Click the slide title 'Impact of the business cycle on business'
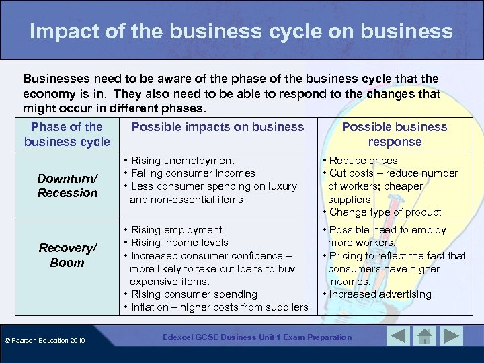click(x=241, y=31)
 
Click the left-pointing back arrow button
click(x=399, y=336)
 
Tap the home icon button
click(x=425, y=336)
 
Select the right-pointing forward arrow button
click(x=452, y=336)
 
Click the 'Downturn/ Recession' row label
click(x=67, y=186)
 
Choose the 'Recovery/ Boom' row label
click(x=67, y=255)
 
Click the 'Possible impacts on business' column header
click(x=218, y=127)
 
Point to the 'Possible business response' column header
click(x=395, y=134)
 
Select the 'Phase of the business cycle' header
click(x=67, y=134)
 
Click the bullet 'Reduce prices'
click(x=363, y=161)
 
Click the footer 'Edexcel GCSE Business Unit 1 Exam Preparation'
click(x=257, y=337)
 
